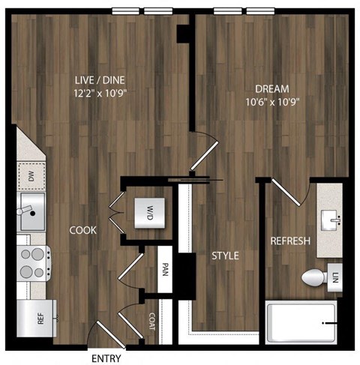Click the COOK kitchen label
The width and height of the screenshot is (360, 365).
pyautogui.click(x=83, y=231)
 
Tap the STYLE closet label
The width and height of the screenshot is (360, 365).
pyautogui.click(x=225, y=256)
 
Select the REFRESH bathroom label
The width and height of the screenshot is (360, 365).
pyautogui.click(x=290, y=241)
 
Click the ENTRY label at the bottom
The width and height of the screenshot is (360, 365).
pyautogui.click(x=106, y=358)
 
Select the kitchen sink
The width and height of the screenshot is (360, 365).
pyautogui.click(x=31, y=211)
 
